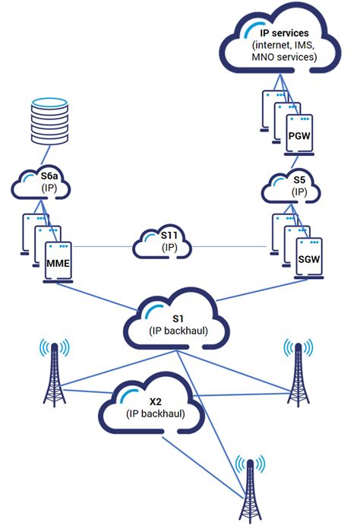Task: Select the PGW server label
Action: (x=298, y=135)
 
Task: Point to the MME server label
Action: (x=57, y=262)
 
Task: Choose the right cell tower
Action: (x=298, y=376)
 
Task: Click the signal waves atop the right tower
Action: (x=298, y=347)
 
